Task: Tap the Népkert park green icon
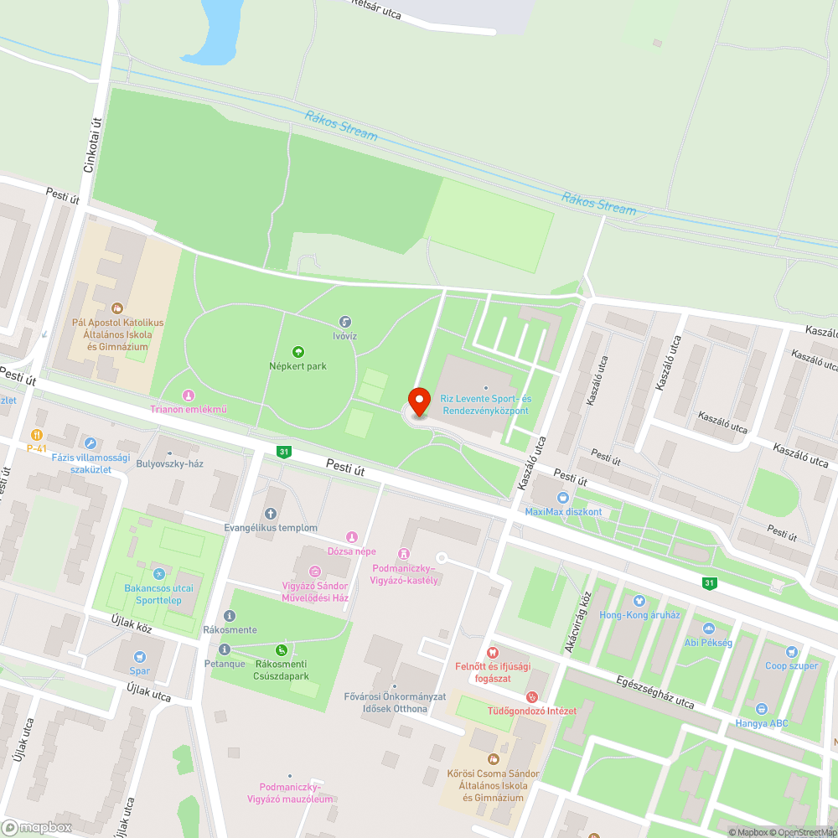(x=297, y=352)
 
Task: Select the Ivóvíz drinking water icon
(x=344, y=322)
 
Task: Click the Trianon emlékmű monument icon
(x=189, y=395)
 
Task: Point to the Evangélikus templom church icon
(x=270, y=514)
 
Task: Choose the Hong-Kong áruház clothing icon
(x=640, y=601)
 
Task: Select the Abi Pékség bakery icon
(x=708, y=628)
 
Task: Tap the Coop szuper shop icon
(x=791, y=652)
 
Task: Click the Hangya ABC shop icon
(x=761, y=709)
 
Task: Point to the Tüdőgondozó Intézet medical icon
(x=531, y=696)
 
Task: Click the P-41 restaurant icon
(x=36, y=434)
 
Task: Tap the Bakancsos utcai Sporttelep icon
(x=159, y=574)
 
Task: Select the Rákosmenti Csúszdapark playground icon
(x=282, y=649)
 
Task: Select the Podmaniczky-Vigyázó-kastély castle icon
(x=405, y=554)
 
